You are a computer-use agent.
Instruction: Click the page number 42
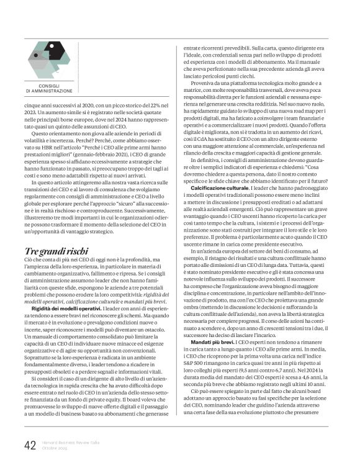[29, 445]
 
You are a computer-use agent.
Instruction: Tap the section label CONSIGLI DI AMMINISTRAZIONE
[49, 88]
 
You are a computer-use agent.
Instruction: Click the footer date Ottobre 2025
[56, 448]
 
